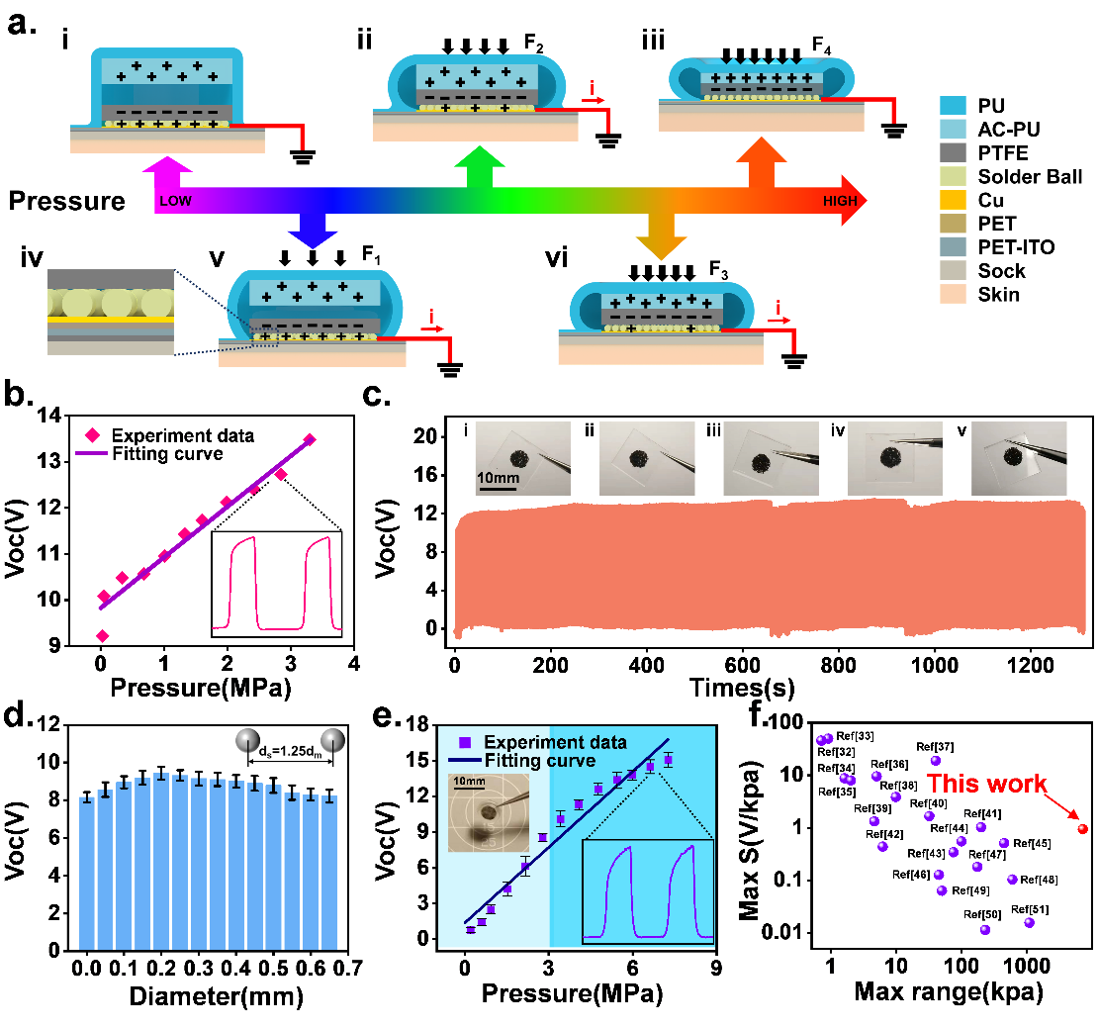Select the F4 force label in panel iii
tap(821, 46)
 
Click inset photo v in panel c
tap(1018, 458)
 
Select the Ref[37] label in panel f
tap(935, 746)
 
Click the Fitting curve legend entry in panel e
tap(539, 760)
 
